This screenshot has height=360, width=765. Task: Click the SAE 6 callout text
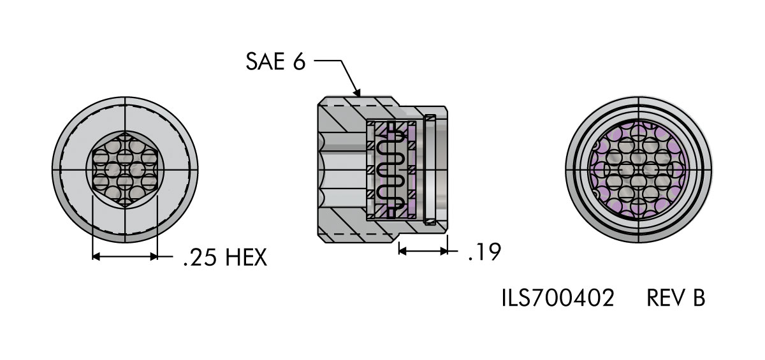pyautogui.click(x=275, y=62)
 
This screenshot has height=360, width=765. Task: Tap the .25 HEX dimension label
pyautogui.click(x=225, y=257)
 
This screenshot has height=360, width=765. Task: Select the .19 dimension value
pyautogui.click(x=484, y=252)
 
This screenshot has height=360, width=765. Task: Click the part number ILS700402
pyautogui.click(x=558, y=298)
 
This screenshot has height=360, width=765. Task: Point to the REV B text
pyautogui.click(x=676, y=298)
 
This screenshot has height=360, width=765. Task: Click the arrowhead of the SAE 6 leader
pyautogui.click(x=357, y=92)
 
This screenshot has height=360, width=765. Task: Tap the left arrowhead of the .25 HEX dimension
pyautogui.click(x=96, y=256)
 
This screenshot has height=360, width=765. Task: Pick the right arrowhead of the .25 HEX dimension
pyautogui.click(x=154, y=256)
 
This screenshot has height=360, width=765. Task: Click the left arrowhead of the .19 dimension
pyautogui.click(x=402, y=251)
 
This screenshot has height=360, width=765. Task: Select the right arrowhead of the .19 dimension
pyautogui.click(x=444, y=251)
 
